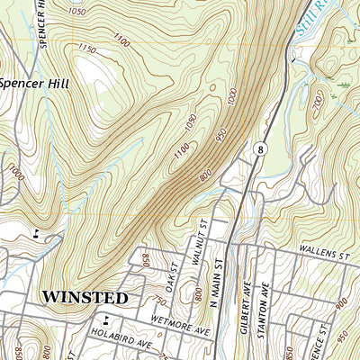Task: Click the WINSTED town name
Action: [x=85, y=296]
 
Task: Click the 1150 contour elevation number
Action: [x=87, y=47]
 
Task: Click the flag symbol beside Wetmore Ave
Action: [x=106, y=319]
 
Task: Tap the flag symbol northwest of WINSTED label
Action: [x=36, y=233]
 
